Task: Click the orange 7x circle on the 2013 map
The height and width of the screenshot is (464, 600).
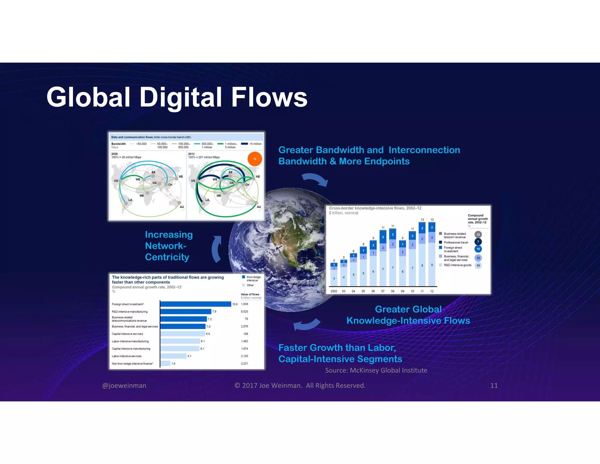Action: point(255,159)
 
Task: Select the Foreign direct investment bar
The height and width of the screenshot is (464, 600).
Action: point(195,304)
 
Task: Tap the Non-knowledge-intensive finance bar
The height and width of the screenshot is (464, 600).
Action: point(166,363)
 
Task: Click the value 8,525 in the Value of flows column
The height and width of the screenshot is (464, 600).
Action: point(244,311)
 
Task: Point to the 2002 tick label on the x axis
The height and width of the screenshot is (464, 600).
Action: point(334,291)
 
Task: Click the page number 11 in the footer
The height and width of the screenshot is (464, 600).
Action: point(494,385)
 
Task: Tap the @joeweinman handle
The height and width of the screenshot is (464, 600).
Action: point(124,385)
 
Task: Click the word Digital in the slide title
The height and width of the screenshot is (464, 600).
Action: point(180,97)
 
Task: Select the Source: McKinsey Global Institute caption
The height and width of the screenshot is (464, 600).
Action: point(376,370)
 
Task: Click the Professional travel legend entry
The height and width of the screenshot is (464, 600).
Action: point(456,242)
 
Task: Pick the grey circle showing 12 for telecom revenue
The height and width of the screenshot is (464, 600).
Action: point(478,235)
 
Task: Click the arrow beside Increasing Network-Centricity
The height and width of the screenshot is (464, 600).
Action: point(217,249)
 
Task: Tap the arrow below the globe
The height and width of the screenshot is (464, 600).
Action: point(306,325)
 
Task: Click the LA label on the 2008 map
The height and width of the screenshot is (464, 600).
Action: point(130,200)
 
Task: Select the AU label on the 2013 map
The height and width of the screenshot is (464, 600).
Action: point(259,207)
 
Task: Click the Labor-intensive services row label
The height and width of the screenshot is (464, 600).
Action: point(127,356)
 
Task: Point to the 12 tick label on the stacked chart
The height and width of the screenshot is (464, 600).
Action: point(432,291)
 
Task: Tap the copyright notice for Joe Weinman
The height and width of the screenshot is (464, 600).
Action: point(300,385)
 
